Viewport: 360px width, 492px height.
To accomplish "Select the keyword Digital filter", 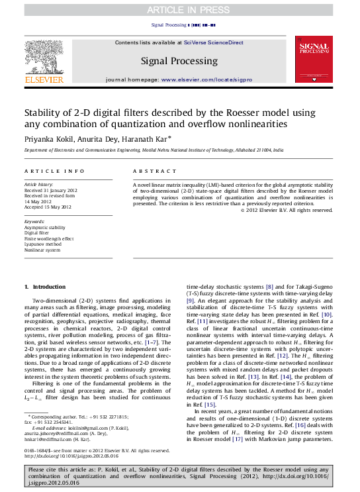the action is (x=38, y=233).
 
